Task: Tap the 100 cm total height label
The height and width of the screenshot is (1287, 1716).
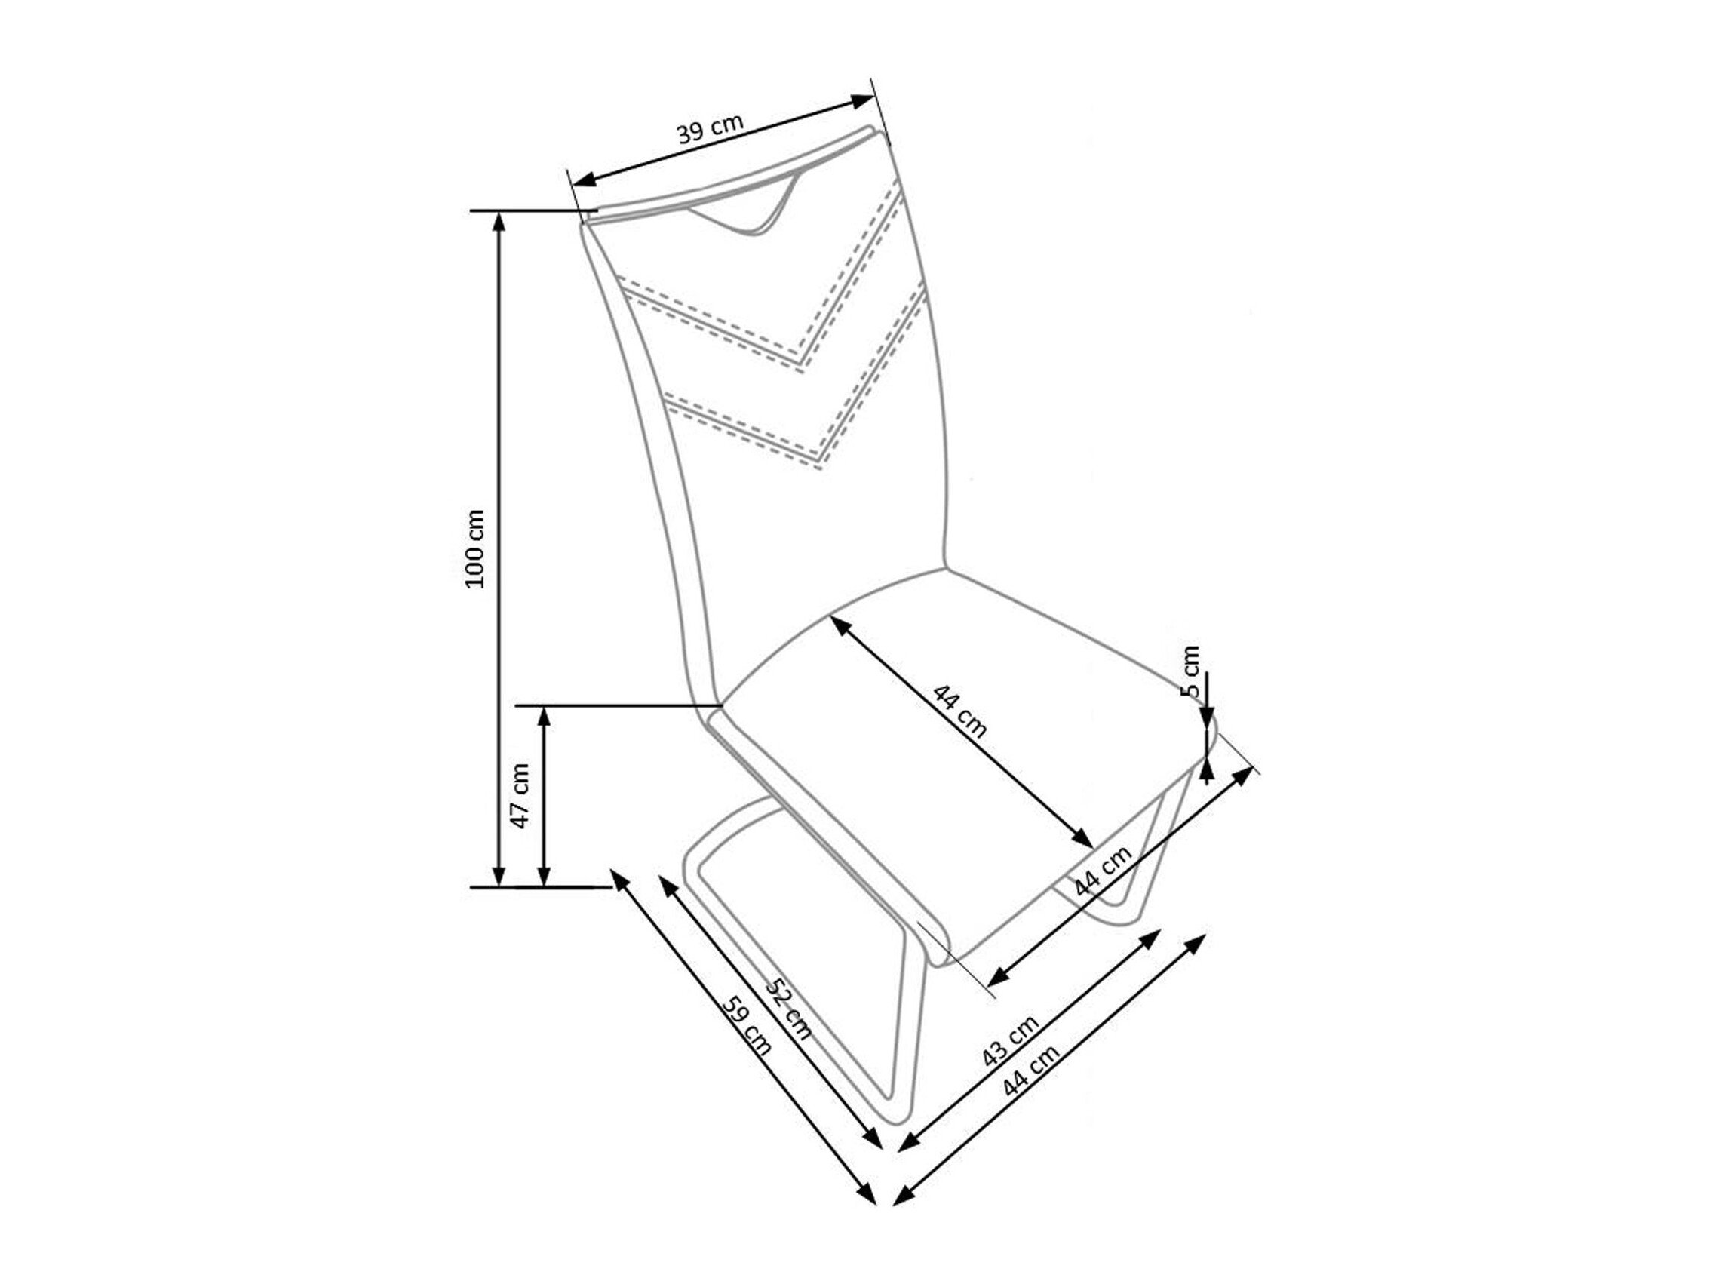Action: pyautogui.click(x=474, y=548)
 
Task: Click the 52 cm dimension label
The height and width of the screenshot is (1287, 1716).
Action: pyautogui.click(x=789, y=1009)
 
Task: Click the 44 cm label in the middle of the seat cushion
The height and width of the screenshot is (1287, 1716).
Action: pyautogui.click(x=959, y=711)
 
